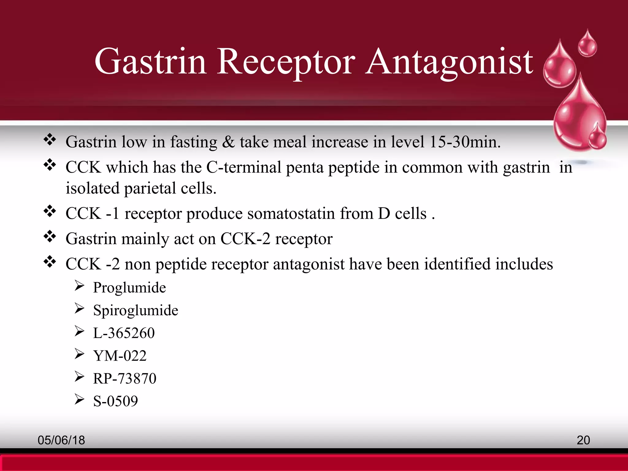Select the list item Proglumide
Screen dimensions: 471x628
(129, 288)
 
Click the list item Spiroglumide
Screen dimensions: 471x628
(136, 311)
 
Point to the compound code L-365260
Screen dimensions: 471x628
(124, 333)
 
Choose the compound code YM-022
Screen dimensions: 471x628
(120, 356)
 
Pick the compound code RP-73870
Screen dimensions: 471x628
(125, 378)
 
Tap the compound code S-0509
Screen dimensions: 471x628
(116, 401)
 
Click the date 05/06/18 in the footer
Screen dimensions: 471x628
(61, 440)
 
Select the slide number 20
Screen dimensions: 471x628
(583, 440)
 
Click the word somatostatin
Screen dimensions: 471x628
(291, 213)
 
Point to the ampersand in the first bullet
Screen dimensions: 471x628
(228, 142)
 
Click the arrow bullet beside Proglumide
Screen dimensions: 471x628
(79, 286)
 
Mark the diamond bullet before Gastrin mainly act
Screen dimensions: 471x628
(50, 236)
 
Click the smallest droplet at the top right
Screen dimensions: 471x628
(587, 45)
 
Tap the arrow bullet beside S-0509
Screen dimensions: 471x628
(79, 399)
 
